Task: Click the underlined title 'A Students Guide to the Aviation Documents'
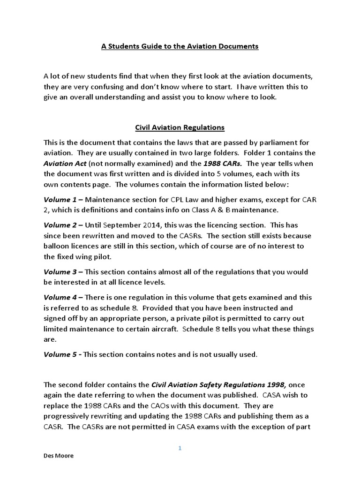180,46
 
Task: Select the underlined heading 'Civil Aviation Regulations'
180,127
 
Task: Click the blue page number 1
180,448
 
